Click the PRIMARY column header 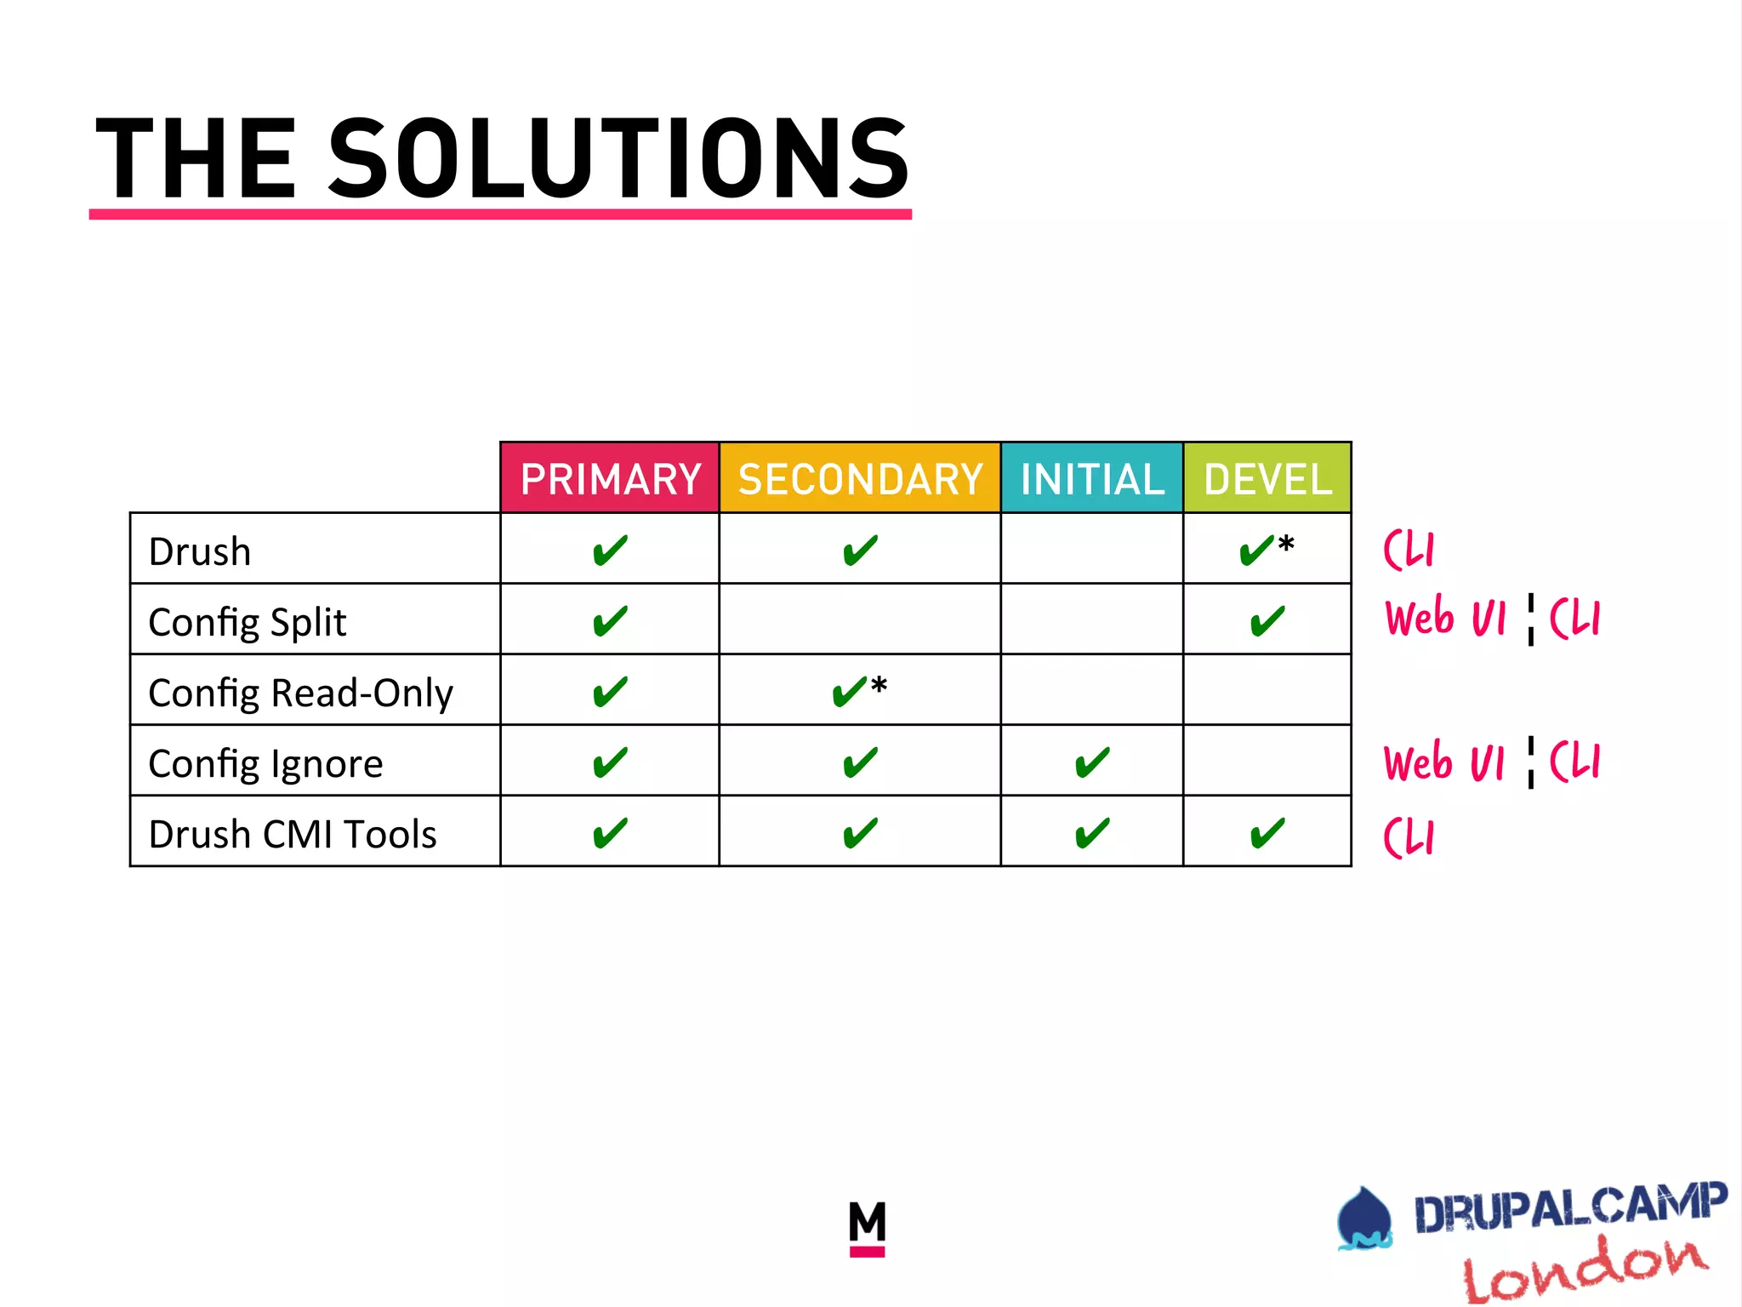pyautogui.click(x=610, y=479)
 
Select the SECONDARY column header pyautogui.click(x=860, y=479)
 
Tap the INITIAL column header pyautogui.click(x=1092, y=479)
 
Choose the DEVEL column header pyautogui.click(x=1267, y=479)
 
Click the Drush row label pyautogui.click(x=200, y=551)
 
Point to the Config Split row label pyautogui.click(x=248, y=622)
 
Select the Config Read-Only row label pyautogui.click(x=300, y=693)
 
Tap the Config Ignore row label pyautogui.click(x=265, y=763)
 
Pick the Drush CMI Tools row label pyautogui.click(x=293, y=834)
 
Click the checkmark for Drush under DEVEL pyautogui.click(x=1257, y=551)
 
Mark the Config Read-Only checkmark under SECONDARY pyautogui.click(x=850, y=692)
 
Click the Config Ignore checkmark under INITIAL pyautogui.click(x=1092, y=762)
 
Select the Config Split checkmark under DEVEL pyautogui.click(x=1267, y=621)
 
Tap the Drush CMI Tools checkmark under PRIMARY pyautogui.click(x=610, y=833)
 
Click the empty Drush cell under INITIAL pyautogui.click(x=1092, y=549)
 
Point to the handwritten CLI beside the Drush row pyautogui.click(x=1409, y=550)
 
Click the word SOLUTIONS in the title pyautogui.click(x=618, y=159)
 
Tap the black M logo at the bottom pyautogui.click(x=867, y=1225)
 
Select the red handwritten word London pyautogui.click(x=1585, y=1269)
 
